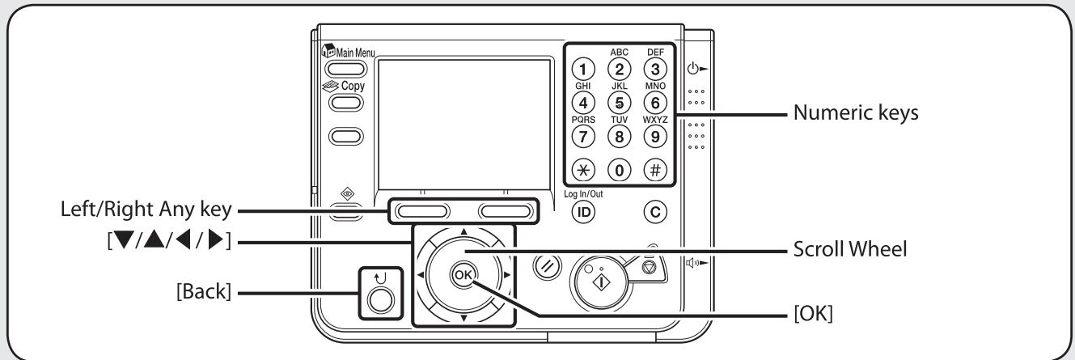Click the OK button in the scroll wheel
click(x=463, y=273)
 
